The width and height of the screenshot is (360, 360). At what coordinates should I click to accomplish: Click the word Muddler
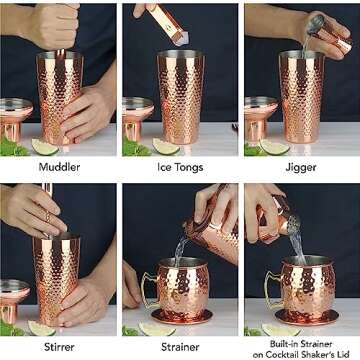(59, 167)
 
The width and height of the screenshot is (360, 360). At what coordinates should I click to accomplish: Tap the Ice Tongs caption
(180, 167)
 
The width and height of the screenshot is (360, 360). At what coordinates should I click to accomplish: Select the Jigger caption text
(300, 167)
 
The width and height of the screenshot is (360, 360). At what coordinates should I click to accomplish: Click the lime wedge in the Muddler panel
(44, 147)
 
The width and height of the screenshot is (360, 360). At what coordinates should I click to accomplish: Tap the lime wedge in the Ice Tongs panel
(166, 147)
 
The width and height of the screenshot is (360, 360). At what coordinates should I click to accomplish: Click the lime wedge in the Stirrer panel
(41, 328)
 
